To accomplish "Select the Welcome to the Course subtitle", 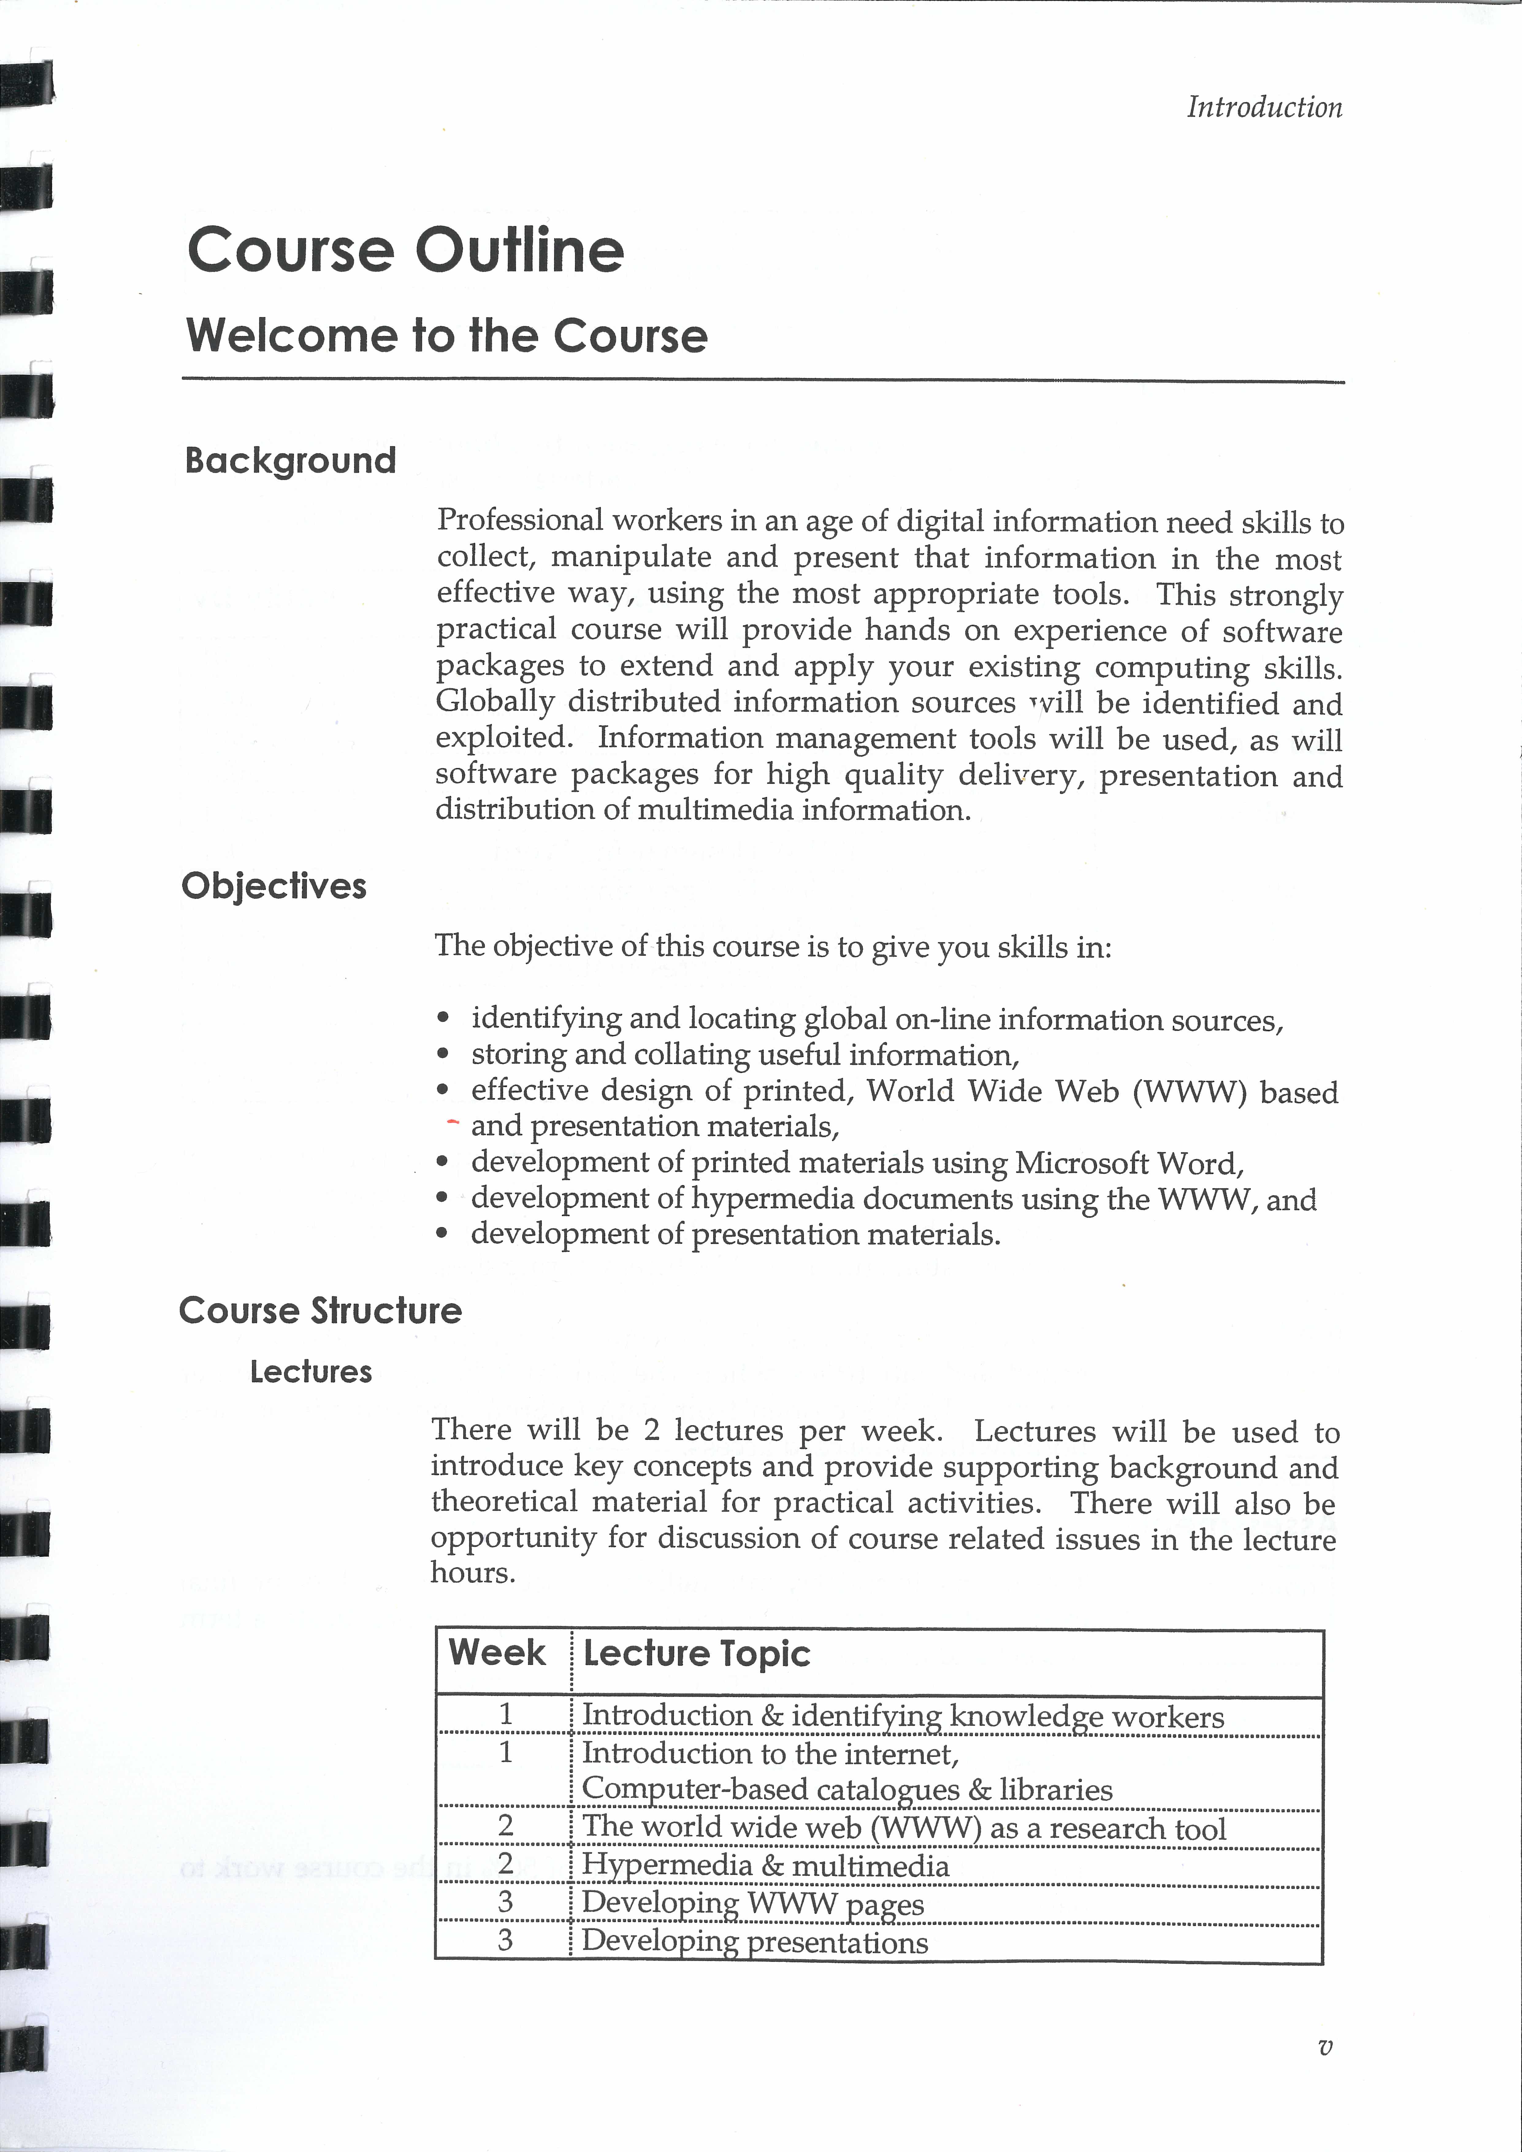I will click(446, 336).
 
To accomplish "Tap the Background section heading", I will click(291, 460).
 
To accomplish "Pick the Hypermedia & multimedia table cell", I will click(765, 1865).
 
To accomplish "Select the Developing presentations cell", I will click(755, 1941).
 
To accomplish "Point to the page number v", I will click(1324, 2048).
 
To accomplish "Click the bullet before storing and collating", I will click(443, 1055).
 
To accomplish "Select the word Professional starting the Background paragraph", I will click(520, 520).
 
